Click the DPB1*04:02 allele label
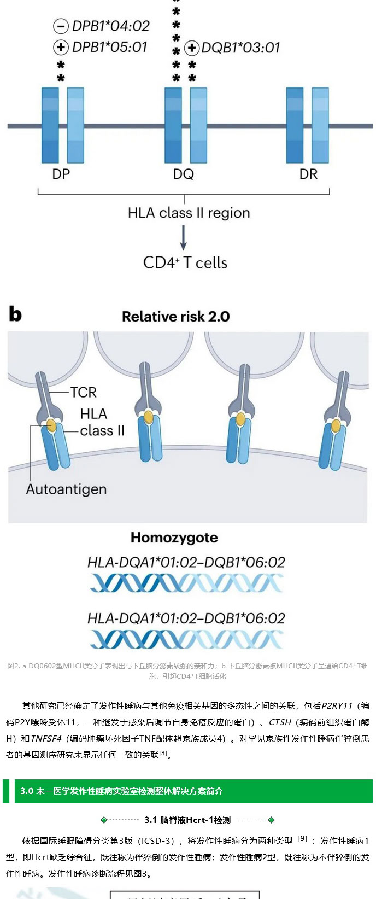[110, 26]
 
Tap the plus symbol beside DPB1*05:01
[61, 48]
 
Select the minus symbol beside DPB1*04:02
[61, 26]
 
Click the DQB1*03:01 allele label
[240, 48]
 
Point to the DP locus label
[61, 174]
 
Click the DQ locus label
[184, 174]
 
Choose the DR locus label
[308, 174]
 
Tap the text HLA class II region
[189, 213]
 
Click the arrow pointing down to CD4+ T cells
[184, 237]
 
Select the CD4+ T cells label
[185, 263]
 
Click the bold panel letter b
[15, 314]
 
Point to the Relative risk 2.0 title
[175, 317]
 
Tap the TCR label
[83, 392]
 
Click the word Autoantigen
[66, 489]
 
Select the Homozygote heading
[174, 538]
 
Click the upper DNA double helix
[186, 583]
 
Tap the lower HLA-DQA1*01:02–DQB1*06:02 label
[186, 618]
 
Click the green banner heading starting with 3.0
[121, 791]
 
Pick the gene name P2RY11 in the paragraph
[337, 706]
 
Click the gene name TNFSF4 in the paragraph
[46, 739]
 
